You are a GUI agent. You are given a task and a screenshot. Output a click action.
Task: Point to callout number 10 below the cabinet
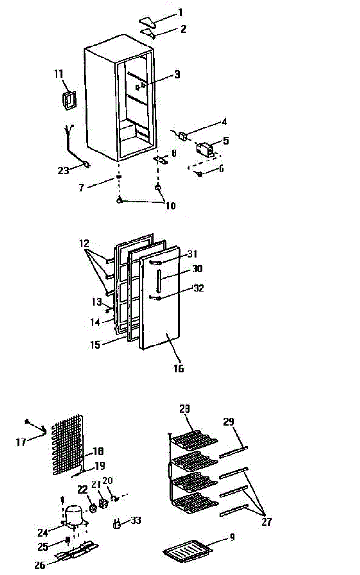170,206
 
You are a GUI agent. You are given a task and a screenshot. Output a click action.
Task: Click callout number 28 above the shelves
185,409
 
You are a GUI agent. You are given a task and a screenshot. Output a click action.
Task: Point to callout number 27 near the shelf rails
267,522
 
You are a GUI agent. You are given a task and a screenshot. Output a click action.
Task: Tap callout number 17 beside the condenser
21,442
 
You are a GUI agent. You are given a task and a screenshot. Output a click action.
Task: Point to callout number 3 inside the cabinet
177,74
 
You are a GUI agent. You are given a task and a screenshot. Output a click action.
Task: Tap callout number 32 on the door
198,288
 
